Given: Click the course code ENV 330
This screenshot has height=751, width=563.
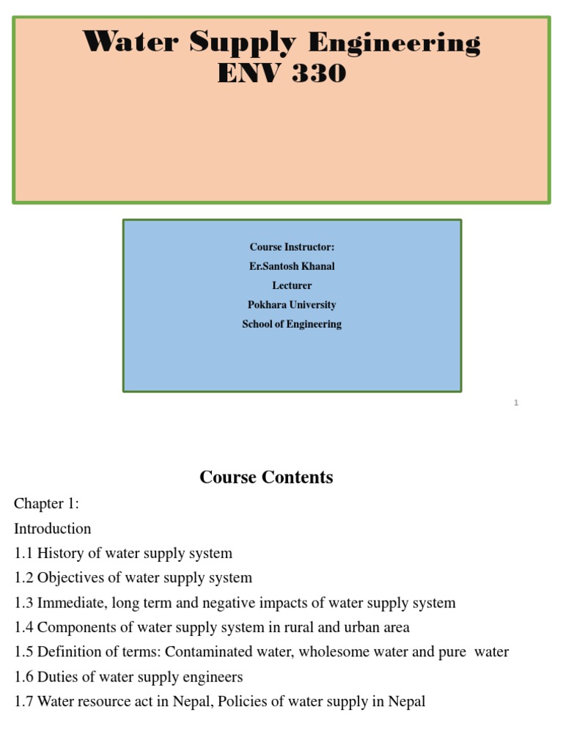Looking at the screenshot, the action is click(281, 73).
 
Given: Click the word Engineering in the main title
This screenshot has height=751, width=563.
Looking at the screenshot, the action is click(394, 43).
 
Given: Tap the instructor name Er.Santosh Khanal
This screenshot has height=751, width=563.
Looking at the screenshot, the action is click(292, 266).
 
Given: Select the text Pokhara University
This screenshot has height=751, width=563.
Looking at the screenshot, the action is click(292, 304).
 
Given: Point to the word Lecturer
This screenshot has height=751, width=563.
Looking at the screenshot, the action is click(292, 285).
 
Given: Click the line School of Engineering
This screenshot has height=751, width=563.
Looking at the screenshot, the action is click(292, 323).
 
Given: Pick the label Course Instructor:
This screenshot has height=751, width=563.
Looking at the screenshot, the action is click(292, 247).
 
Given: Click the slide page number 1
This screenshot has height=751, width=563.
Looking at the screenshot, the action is click(516, 403).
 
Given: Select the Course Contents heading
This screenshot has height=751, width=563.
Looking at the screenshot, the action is click(266, 477).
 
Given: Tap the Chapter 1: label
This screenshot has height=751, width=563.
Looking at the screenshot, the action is click(46, 504).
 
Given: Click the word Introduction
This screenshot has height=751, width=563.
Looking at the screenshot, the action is click(53, 529).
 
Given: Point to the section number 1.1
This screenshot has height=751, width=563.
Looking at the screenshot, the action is click(23, 554).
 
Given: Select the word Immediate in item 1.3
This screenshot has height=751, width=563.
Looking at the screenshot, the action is click(70, 603).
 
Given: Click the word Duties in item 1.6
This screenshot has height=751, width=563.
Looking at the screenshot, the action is click(59, 677).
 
